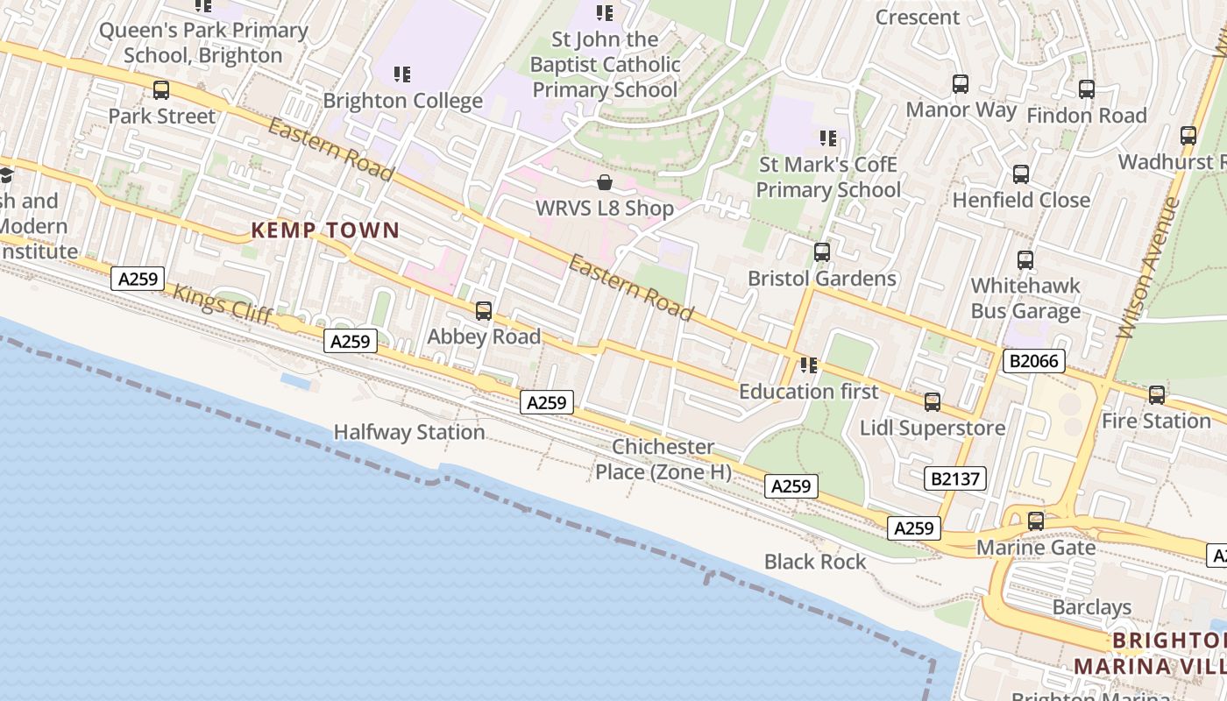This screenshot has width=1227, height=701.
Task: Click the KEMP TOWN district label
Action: (x=325, y=230)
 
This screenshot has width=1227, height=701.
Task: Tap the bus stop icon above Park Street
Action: (x=160, y=89)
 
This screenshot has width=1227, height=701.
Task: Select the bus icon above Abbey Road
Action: (x=483, y=311)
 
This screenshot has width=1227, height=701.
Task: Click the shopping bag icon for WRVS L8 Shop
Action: (x=605, y=182)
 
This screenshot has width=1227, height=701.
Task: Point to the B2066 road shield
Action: (x=1033, y=361)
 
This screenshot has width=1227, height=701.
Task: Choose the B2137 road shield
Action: (x=954, y=478)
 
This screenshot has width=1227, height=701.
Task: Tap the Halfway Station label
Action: (x=409, y=432)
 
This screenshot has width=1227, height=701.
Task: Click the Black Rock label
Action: (x=814, y=562)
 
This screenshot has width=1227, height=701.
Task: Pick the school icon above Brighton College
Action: (x=402, y=74)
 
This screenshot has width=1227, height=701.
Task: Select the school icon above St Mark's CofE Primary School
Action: (x=828, y=138)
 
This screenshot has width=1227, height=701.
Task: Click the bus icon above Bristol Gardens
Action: (x=821, y=252)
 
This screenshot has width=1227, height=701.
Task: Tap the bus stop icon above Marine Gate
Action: (x=1036, y=521)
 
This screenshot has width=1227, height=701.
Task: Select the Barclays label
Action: (x=1091, y=607)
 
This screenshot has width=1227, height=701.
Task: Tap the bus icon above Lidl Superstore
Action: (x=933, y=402)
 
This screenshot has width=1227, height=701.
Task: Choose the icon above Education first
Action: (x=808, y=365)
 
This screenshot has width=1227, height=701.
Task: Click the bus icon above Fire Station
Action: (x=1156, y=395)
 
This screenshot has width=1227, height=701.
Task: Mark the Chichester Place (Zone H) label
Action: (x=663, y=459)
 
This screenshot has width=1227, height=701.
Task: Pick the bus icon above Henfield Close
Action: (x=1021, y=174)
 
